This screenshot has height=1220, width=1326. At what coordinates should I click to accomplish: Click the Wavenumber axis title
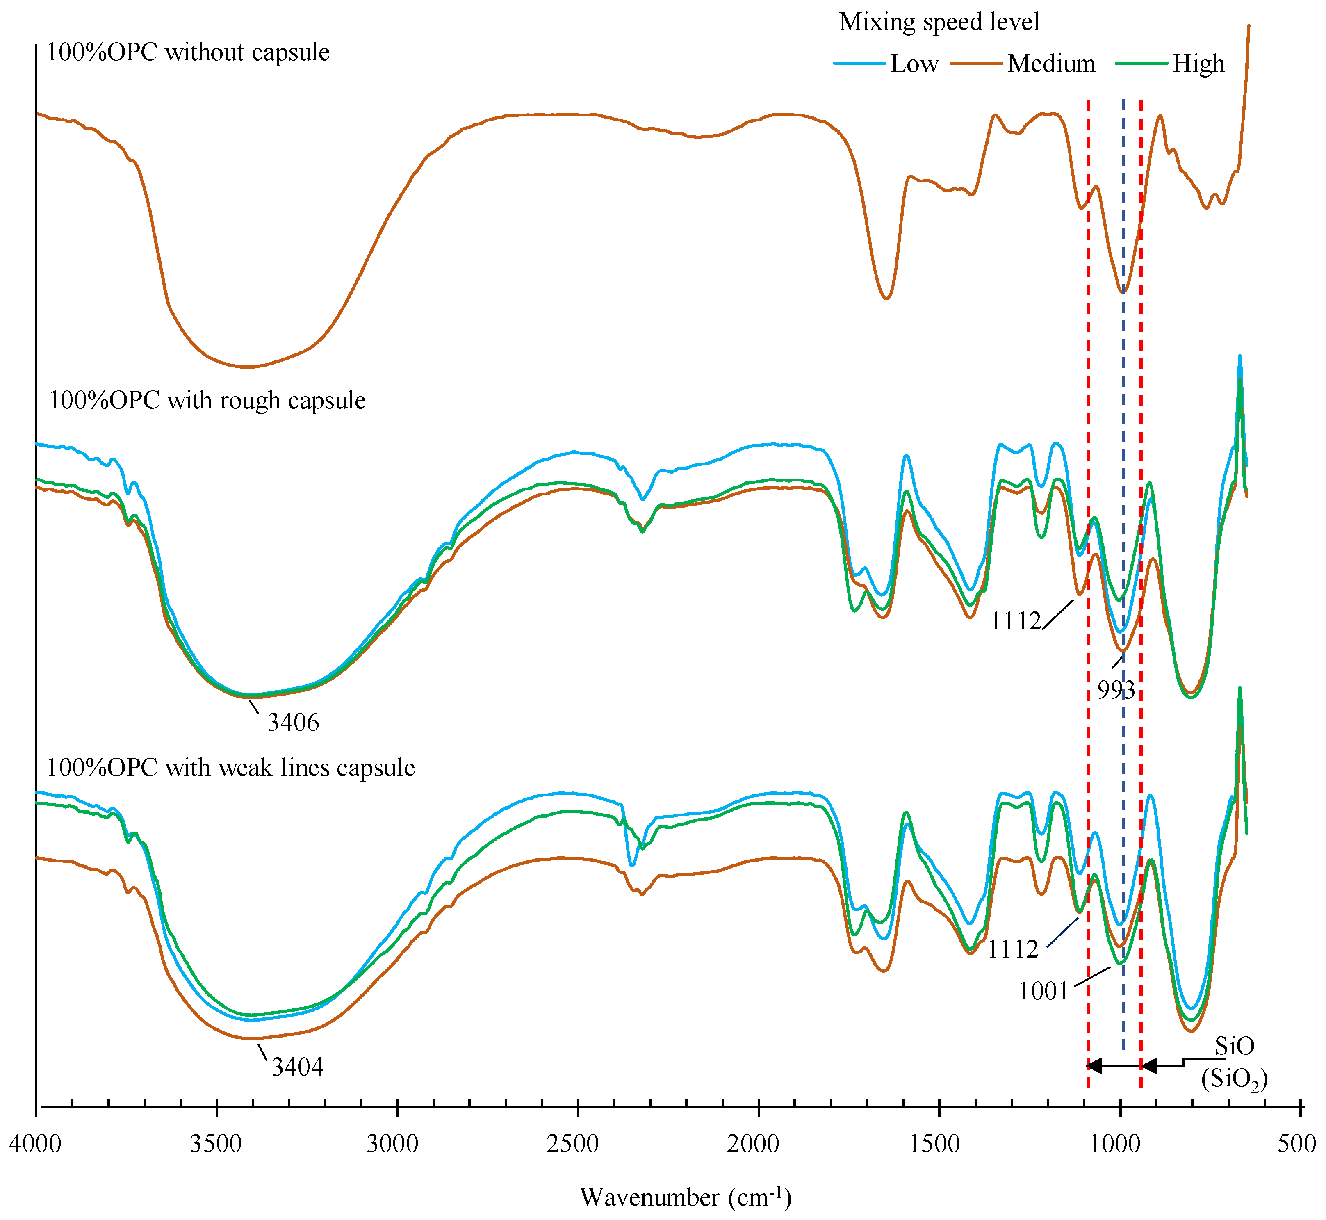coord(685,1196)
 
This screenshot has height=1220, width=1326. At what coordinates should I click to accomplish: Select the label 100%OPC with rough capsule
coord(207,401)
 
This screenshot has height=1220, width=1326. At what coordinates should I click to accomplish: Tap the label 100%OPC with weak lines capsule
coord(231,768)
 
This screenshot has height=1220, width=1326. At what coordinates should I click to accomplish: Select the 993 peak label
coord(1115,691)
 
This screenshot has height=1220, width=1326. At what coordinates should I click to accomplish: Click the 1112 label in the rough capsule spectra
coord(1015,621)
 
